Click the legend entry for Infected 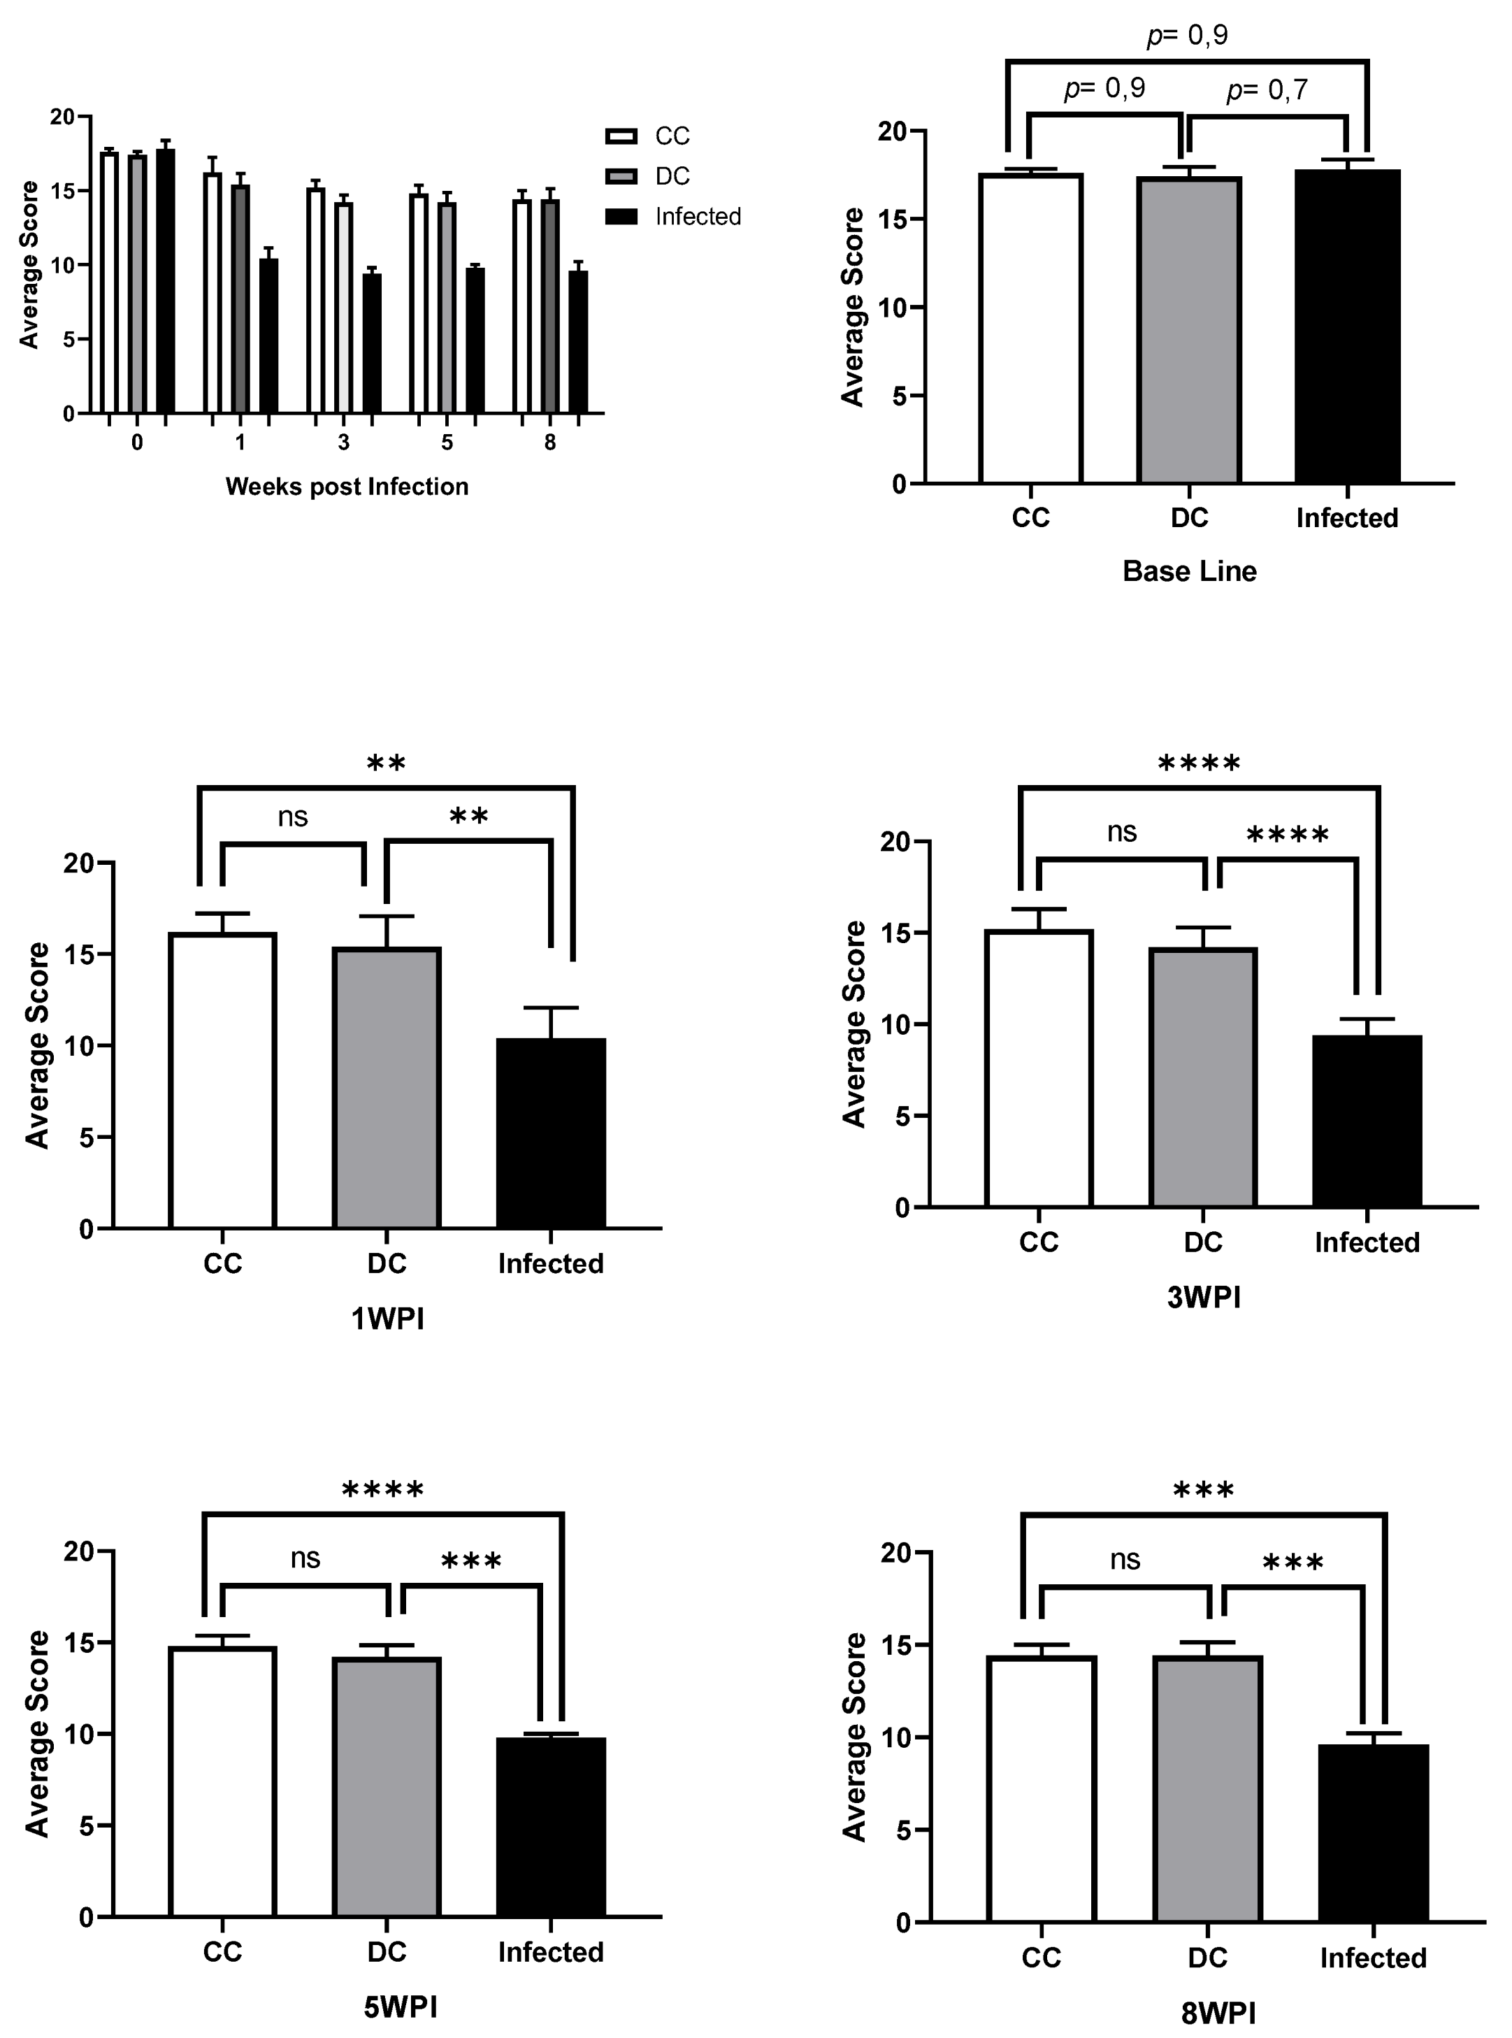coord(698,217)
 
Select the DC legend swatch coord(621,175)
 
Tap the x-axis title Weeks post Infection coord(347,486)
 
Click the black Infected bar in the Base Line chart coord(1347,326)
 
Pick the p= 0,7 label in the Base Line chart coord(1267,89)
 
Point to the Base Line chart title coord(1189,571)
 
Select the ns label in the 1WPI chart coord(293,817)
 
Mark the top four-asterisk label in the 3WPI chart coord(1199,763)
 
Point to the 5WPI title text coord(400,2007)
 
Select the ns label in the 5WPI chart coord(305,1558)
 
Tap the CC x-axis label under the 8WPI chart coord(1042,1958)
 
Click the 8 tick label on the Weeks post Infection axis coord(550,443)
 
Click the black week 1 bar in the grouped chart coord(268,335)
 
